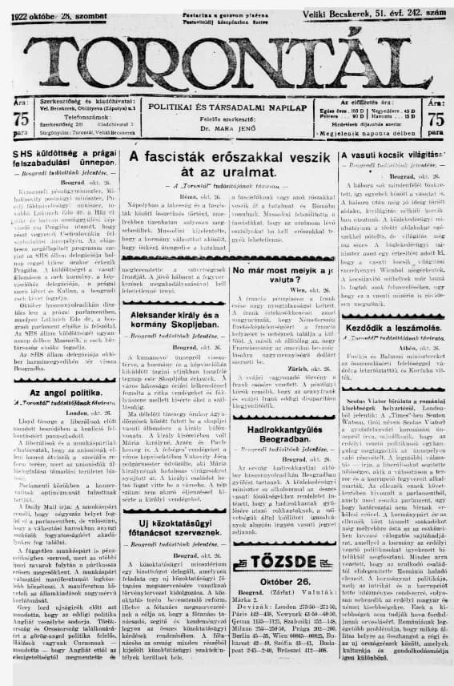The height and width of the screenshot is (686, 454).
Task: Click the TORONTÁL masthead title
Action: pos(227,59)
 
